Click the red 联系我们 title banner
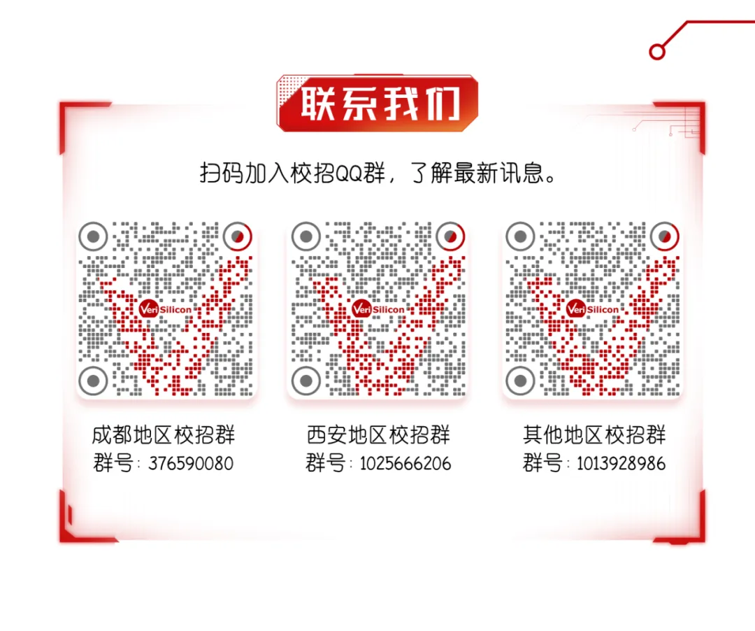click(x=377, y=103)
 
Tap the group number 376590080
click(x=191, y=464)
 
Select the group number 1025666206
click(x=405, y=464)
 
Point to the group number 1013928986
click(x=621, y=464)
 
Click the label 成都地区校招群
click(x=164, y=435)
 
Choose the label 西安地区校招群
click(x=378, y=435)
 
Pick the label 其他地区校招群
click(x=594, y=435)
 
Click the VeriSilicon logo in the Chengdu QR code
click(x=165, y=309)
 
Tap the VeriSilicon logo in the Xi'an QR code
click(x=378, y=309)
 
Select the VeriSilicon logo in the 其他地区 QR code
click(x=593, y=309)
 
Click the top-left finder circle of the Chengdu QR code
click(x=93, y=236)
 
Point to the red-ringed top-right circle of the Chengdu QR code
click(x=238, y=236)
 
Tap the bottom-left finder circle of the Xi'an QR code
click(x=306, y=381)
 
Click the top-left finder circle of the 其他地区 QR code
click(x=521, y=236)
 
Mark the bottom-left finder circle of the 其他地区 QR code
click(x=521, y=381)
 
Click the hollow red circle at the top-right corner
click(x=656, y=51)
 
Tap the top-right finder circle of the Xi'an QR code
click(x=450, y=236)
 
